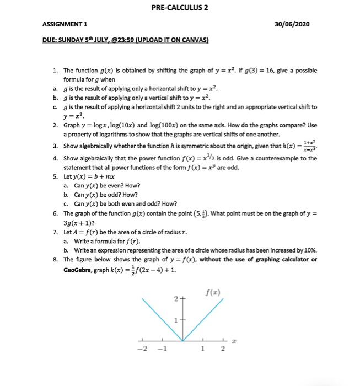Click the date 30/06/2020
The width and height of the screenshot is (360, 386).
click(x=298, y=24)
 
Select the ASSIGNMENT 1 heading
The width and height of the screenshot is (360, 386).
click(x=66, y=24)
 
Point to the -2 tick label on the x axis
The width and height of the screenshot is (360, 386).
click(x=143, y=349)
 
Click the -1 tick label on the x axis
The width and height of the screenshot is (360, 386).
click(x=162, y=349)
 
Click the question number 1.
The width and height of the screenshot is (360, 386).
click(x=56, y=71)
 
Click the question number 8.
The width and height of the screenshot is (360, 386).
click(x=56, y=259)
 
